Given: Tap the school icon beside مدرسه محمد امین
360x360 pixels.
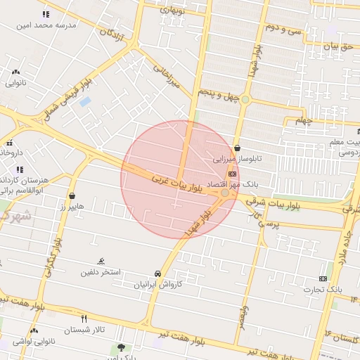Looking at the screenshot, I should [46, 14].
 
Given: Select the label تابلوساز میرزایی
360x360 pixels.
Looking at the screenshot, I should [238, 160].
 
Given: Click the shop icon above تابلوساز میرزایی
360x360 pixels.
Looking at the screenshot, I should [238, 148].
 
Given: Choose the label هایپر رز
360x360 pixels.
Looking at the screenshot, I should [72, 207].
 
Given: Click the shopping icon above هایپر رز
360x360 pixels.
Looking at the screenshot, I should [72, 195].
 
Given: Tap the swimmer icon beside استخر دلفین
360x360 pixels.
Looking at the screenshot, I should [102, 260].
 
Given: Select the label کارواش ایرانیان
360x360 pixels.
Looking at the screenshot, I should [157, 285].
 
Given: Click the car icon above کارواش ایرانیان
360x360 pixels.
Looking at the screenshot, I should [157, 274].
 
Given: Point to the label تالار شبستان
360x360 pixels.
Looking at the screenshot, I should [84, 330].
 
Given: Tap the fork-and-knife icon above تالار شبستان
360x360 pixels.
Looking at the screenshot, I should [84, 319].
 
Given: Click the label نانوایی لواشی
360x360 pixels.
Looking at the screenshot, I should [34, 342].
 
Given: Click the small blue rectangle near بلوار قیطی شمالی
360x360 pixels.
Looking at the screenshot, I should [85, 102].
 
